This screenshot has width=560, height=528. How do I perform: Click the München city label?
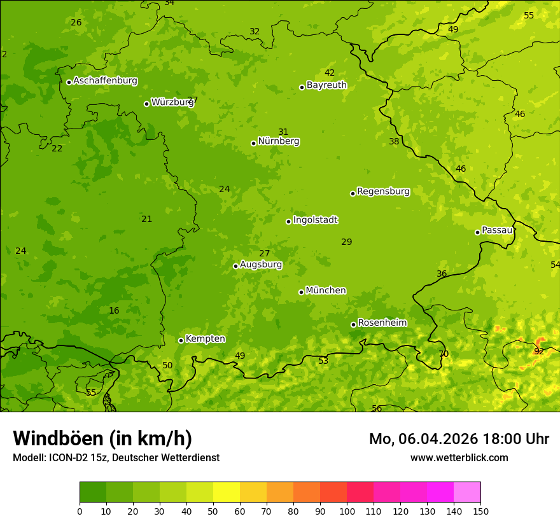pyautogui.click(x=326, y=291)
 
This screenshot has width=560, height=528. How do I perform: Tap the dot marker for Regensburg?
pyautogui.click(x=353, y=193)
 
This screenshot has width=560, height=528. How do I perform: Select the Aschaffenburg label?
pyautogui.click(x=105, y=81)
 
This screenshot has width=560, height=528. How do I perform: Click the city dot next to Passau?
pyautogui.click(x=477, y=232)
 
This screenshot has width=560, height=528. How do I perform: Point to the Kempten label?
pyautogui.click(x=205, y=339)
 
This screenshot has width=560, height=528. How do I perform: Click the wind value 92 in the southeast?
pyautogui.click(x=539, y=351)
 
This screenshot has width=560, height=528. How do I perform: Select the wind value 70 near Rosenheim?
pyautogui.click(x=444, y=354)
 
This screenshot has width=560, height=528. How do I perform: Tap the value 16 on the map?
pyautogui.click(x=114, y=310)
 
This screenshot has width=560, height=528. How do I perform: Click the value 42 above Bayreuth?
pyautogui.click(x=330, y=73)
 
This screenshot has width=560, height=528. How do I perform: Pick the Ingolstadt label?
pyautogui.click(x=315, y=220)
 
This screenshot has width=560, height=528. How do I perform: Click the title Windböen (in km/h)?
pyautogui.click(x=102, y=438)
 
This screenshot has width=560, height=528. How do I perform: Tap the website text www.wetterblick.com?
pyautogui.click(x=459, y=457)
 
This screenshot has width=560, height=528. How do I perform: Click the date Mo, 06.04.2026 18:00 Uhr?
pyautogui.click(x=459, y=439)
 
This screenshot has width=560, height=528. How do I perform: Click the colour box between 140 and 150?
pyautogui.click(x=467, y=492)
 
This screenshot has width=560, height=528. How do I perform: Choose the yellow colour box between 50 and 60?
pyautogui.click(x=227, y=492)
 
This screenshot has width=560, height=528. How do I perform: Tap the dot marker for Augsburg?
pyautogui.click(x=235, y=266)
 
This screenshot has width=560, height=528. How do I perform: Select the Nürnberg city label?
pyautogui.click(x=278, y=141)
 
